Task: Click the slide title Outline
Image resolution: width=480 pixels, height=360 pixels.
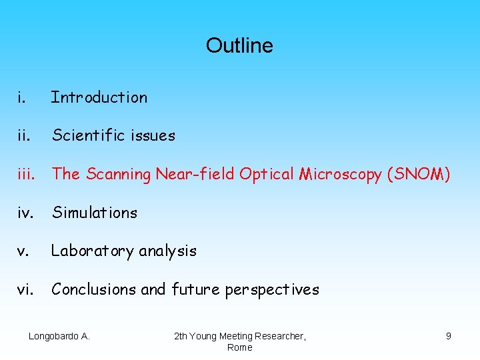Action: pyautogui.click(x=239, y=45)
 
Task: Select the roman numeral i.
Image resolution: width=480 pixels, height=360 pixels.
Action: pyautogui.click(x=22, y=97)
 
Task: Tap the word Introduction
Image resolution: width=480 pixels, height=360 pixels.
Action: pyautogui.click(x=99, y=97)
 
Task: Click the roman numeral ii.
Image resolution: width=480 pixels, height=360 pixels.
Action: pyautogui.click(x=24, y=136)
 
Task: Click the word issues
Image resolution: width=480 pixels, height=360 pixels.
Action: pyautogui.click(x=153, y=136)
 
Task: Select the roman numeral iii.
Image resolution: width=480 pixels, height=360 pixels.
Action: pyautogui.click(x=26, y=174)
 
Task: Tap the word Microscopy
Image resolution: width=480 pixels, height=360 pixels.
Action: pyautogui.click(x=339, y=175)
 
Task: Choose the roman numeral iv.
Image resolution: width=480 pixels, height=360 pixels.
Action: pyautogui.click(x=25, y=213)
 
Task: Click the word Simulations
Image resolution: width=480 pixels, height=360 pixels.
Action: pyautogui.click(x=95, y=213)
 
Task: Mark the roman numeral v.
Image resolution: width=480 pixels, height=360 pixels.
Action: pyautogui.click(x=23, y=251)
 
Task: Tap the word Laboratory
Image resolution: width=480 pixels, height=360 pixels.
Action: pyautogui.click(x=91, y=251)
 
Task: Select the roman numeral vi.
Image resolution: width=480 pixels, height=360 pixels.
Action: pyautogui.click(x=25, y=289)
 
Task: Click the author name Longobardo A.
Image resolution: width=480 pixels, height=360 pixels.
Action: pyautogui.click(x=59, y=336)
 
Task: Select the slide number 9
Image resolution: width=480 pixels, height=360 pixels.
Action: pyautogui.click(x=449, y=336)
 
